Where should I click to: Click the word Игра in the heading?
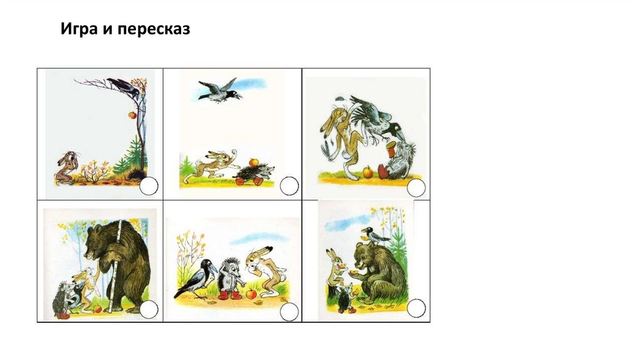point(78,29)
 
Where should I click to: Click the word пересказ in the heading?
point(154,29)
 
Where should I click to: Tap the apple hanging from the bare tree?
point(132,115)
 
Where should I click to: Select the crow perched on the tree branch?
point(124,87)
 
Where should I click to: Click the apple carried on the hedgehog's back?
point(253,162)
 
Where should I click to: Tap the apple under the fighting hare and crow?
point(368,172)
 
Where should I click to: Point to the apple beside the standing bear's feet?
point(98,309)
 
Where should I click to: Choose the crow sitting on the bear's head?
point(373,235)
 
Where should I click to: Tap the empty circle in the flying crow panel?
point(289,186)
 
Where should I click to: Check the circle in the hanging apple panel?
point(149,186)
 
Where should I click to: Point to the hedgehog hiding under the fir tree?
point(136,175)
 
